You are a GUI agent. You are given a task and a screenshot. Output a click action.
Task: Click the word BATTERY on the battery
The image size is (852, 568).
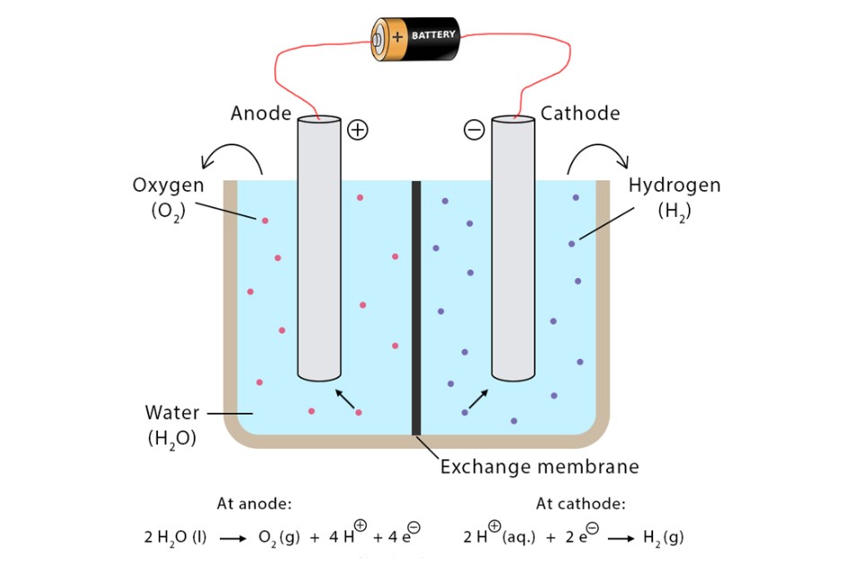[x=434, y=35]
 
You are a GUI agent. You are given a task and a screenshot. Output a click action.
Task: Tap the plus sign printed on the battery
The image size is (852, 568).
[x=398, y=37]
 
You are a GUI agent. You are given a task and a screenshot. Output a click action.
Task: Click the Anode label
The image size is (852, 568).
[x=261, y=113]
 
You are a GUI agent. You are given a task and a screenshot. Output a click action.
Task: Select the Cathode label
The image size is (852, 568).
[x=580, y=113]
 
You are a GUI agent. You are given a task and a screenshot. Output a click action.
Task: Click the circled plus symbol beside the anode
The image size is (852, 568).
[x=358, y=130]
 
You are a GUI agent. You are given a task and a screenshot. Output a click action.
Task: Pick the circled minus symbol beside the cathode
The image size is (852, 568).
[x=474, y=130]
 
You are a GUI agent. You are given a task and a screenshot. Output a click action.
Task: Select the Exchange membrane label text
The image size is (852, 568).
[x=539, y=467]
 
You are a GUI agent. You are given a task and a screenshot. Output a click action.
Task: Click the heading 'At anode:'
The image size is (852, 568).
[x=255, y=503]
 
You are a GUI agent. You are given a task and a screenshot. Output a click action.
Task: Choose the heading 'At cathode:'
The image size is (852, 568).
[x=581, y=503]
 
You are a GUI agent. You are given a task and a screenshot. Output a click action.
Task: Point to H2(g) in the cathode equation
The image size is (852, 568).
[x=665, y=538]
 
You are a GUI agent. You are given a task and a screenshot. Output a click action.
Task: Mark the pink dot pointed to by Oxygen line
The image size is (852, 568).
[x=265, y=221]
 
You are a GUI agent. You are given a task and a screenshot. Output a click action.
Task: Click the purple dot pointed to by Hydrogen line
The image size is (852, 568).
[x=572, y=243]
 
